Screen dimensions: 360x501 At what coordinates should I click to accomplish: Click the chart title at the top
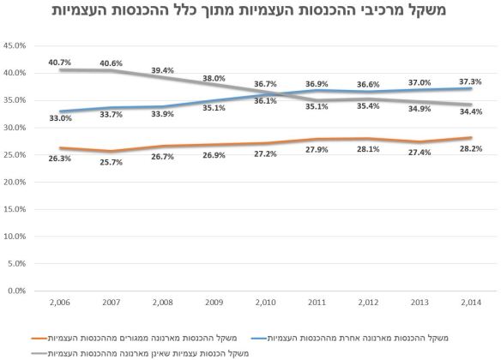pos(250,12)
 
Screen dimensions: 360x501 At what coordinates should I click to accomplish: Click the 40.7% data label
pos(59,62)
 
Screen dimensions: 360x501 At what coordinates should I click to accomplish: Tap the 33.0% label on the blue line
pos(59,117)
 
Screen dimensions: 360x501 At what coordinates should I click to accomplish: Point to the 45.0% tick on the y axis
pos(18,46)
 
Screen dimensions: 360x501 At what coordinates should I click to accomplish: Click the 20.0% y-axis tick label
pos(18,183)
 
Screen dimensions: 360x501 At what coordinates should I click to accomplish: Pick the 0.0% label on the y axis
pos(21,291)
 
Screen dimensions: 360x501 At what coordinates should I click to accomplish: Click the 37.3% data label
pos(470,81)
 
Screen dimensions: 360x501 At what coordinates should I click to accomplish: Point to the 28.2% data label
pos(470,147)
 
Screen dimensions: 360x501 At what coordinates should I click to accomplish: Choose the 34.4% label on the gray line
pos(470,112)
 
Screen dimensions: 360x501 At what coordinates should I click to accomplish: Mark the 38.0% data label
pos(214,78)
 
